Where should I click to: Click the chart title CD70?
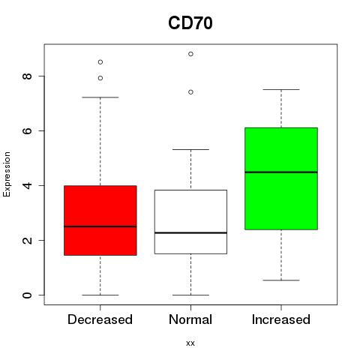coord(190,23)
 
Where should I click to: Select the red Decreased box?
coord(100,220)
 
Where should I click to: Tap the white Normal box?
coord(190,222)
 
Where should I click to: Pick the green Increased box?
coord(281,178)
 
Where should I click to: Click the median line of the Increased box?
coord(281,172)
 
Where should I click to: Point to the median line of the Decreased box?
coord(100,226)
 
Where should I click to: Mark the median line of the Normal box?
coord(190,232)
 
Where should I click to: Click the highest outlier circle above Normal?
coord(190,54)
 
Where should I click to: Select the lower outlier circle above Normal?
coord(190,92)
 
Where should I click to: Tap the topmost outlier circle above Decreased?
coord(100,62)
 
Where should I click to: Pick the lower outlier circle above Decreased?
coord(100,78)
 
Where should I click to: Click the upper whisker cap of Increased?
coord(281,89)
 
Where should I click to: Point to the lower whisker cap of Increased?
coord(281,280)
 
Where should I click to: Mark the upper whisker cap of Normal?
coord(190,149)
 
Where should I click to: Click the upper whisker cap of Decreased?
coord(100,97)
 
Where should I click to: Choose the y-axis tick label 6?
coord(27,130)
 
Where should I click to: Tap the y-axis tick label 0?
coord(27,295)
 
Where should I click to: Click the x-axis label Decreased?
coord(100,319)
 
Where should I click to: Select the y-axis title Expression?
coord(7,174)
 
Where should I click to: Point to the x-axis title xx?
coord(190,343)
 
